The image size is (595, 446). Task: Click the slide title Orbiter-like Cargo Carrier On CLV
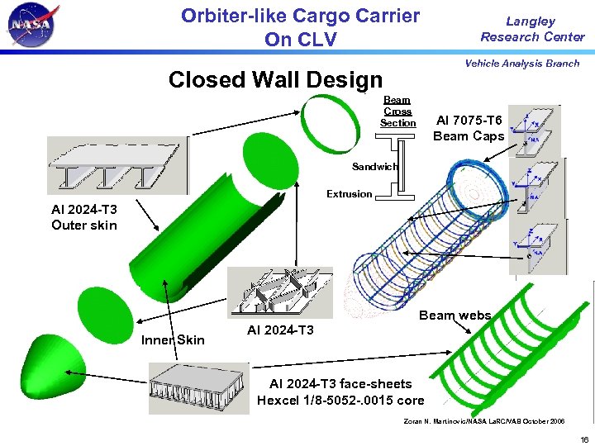coord(300,27)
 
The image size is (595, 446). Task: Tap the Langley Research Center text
coord(532,29)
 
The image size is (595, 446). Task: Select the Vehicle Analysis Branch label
coord(521,64)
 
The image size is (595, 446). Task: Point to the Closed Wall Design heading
coord(275,80)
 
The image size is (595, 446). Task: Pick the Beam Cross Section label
coord(397,111)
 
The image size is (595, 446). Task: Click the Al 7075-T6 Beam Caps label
coord(469,128)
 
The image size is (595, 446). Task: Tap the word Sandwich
coord(374,167)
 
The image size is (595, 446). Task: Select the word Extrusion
coord(349,194)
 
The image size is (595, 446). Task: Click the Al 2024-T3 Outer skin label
coord(84,217)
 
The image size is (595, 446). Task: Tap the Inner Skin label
coord(173,339)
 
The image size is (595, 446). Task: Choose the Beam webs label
coord(455,315)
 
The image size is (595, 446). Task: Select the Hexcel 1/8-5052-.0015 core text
coord(340,401)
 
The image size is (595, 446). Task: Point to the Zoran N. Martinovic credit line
coord(483,421)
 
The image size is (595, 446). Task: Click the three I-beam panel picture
coord(117,164)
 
